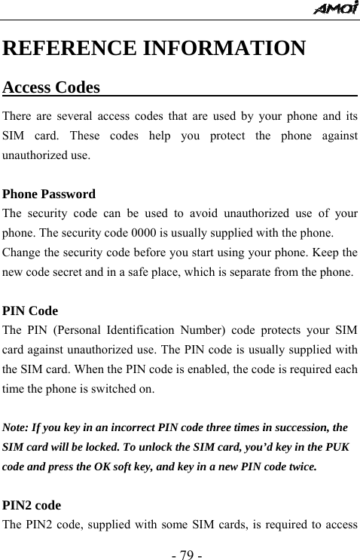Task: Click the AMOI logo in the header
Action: pyautogui.click(x=335, y=9)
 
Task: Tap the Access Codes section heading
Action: pyautogui.click(x=52, y=87)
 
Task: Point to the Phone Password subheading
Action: pyautogui.click(x=50, y=194)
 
